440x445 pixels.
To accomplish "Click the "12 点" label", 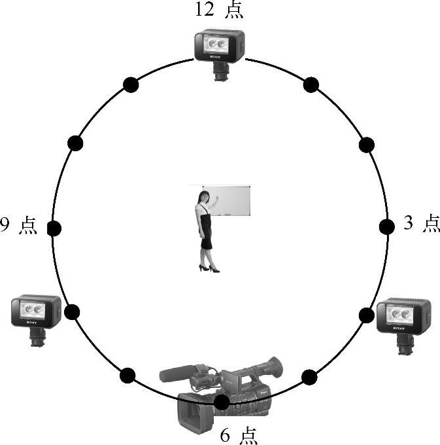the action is [x=219, y=10].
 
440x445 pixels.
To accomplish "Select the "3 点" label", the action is [x=421, y=224].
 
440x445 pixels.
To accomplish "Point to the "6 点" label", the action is [x=239, y=435].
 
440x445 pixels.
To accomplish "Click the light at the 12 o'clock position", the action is [x=219, y=47].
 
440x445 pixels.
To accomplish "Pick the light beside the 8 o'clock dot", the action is [x=36, y=312].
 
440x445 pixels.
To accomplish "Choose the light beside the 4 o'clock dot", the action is [x=403, y=317].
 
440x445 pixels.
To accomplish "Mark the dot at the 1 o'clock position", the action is [x=311, y=84].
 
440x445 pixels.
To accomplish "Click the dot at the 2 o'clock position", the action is [x=367, y=145].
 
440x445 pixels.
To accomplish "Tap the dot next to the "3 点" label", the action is [x=386, y=227].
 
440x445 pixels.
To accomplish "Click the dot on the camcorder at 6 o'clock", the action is [x=222, y=402].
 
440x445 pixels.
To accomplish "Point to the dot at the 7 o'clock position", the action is [x=128, y=376].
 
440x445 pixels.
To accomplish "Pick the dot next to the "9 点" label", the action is [x=54, y=228].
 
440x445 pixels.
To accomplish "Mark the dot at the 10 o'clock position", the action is [x=76, y=143].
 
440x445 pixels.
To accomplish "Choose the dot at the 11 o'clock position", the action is [x=131, y=84].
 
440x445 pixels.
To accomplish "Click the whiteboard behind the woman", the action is [x=233, y=200].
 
